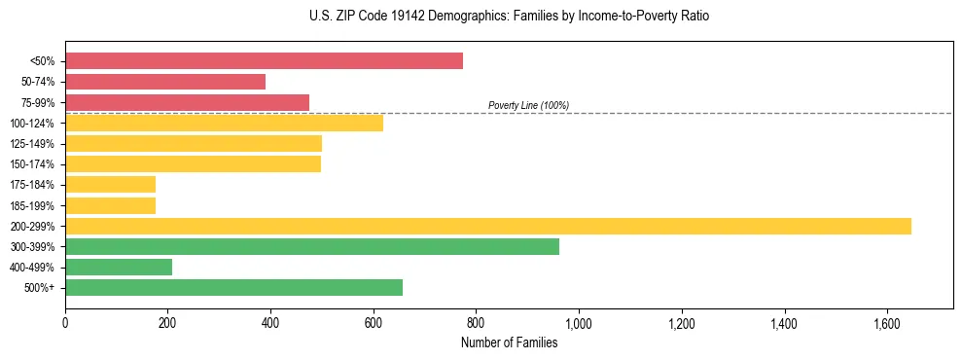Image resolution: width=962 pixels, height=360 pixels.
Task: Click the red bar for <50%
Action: (x=264, y=61)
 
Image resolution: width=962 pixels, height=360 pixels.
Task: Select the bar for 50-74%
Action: (x=165, y=82)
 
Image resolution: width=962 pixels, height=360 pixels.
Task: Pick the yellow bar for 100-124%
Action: (x=224, y=123)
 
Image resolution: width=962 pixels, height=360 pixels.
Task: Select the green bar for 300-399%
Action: (x=312, y=246)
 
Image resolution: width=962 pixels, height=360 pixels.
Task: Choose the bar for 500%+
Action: (x=233, y=287)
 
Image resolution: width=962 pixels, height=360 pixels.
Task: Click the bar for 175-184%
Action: (x=110, y=185)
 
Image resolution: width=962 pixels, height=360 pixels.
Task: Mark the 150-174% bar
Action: (x=193, y=163)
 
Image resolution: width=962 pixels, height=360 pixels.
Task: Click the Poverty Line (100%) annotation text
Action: (x=528, y=105)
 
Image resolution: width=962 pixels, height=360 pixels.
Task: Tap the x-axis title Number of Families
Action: (x=509, y=342)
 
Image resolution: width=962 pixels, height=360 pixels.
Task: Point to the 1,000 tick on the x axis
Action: (x=579, y=323)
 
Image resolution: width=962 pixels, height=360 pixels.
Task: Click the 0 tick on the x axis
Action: (x=65, y=323)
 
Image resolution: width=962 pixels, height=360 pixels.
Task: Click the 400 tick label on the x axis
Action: (x=270, y=323)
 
